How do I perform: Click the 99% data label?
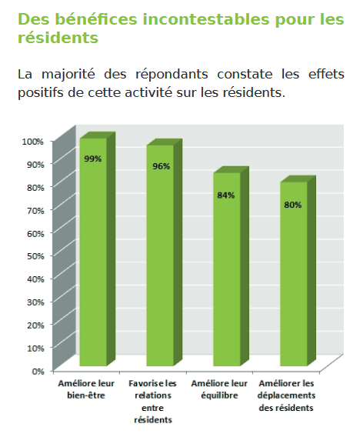[93, 159]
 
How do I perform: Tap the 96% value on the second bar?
[162, 166]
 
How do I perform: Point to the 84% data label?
[226, 195]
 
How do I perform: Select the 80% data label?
[293, 205]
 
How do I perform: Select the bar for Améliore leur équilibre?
[231, 266]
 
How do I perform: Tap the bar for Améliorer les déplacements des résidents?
[298, 271]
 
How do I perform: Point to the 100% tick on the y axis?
[33, 142]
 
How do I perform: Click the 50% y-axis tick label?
[35, 256]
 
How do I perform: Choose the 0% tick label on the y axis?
[38, 371]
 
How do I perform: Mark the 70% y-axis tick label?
[35, 211]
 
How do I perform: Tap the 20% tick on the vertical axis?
[35, 325]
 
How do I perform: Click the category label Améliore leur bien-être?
[86, 389]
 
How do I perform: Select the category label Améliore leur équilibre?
[219, 389]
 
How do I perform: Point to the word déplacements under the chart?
[286, 396]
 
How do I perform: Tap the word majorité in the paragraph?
[68, 75]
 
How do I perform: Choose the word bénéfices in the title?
[96, 19]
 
